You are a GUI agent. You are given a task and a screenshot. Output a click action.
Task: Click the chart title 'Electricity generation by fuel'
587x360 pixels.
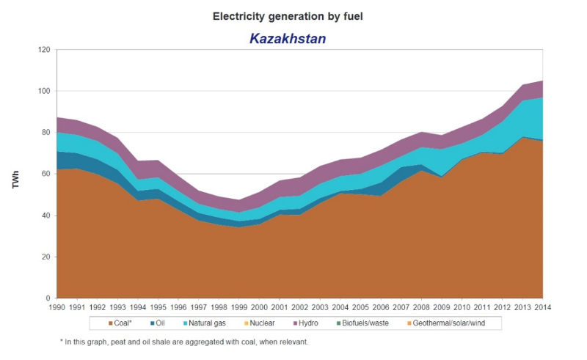(x=288, y=16)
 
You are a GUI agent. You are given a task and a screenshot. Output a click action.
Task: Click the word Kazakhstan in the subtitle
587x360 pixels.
(x=288, y=39)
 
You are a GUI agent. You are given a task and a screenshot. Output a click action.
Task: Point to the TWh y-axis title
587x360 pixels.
(x=15, y=179)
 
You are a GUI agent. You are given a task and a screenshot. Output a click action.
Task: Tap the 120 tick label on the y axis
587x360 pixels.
(x=44, y=49)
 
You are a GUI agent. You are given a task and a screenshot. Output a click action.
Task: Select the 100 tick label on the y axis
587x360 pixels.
(x=44, y=91)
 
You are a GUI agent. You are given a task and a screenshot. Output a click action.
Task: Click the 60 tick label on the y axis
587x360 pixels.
(x=45, y=174)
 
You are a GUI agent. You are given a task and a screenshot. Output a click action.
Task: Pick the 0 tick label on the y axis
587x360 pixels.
(x=48, y=298)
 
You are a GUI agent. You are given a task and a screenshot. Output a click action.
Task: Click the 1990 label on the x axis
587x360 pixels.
(x=57, y=307)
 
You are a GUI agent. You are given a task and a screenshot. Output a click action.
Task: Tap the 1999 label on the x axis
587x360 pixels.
(x=239, y=307)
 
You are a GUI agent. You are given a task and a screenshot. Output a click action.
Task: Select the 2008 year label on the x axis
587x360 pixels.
(x=421, y=307)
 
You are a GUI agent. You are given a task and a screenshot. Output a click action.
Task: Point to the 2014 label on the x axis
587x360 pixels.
(x=543, y=307)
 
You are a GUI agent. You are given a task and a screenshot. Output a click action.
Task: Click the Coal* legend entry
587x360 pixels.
(x=120, y=323)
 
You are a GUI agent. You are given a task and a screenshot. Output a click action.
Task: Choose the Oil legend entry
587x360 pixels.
(x=158, y=323)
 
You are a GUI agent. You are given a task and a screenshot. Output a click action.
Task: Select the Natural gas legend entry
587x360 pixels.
(x=205, y=323)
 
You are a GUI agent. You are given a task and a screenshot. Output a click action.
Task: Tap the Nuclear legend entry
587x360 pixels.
(x=260, y=323)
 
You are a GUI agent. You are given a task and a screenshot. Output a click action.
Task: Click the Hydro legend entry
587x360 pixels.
(x=306, y=323)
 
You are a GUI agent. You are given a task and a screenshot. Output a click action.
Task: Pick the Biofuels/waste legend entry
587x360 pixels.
(x=362, y=323)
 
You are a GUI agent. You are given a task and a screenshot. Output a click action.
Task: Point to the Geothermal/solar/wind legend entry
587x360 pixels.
(x=446, y=323)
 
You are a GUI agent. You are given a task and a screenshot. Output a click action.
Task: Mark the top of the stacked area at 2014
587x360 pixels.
(x=543, y=81)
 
